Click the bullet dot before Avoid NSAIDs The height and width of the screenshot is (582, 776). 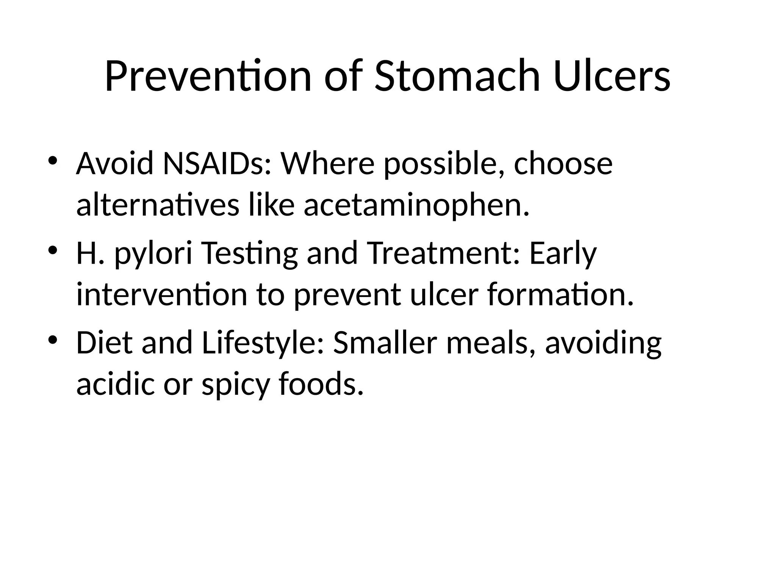point(53,161)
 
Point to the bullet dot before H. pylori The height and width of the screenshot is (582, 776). point(53,250)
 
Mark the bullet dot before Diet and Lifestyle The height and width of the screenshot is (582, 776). point(53,339)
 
